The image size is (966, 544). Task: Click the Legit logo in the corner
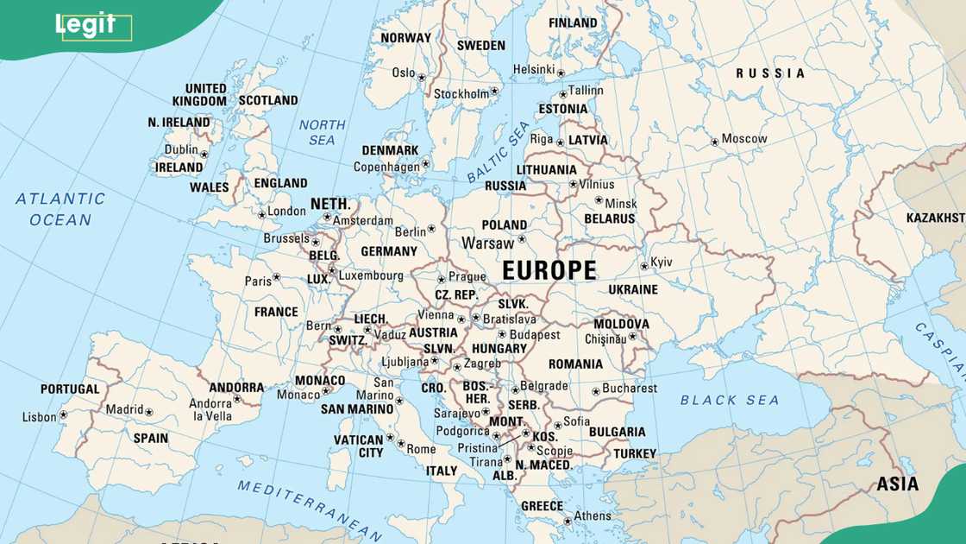point(85,25)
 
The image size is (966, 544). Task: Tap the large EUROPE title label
point(549,271)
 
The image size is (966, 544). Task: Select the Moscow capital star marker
point(714,142)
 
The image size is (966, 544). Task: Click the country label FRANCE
point(276,313)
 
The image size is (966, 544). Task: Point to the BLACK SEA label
point(729,400)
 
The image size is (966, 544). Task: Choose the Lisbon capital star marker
point(63,415)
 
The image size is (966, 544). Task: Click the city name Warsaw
point(487,243)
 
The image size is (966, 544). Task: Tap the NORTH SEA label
point(322,132)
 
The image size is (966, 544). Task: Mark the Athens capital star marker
point(567,520)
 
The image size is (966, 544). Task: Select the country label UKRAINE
point(632,290)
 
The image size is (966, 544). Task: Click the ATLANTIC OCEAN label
point(60,209)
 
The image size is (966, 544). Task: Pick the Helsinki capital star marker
point(561,73)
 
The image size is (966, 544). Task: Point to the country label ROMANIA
point(575,364)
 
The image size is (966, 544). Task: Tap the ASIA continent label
point(897,484)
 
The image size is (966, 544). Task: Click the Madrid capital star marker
point(148,413)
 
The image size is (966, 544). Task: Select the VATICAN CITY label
point(358,446)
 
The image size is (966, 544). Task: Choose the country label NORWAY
point(405,38)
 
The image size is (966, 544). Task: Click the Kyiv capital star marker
point(643,266)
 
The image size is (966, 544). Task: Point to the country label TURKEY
point(635,453)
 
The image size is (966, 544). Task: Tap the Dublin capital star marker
point(204,155)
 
